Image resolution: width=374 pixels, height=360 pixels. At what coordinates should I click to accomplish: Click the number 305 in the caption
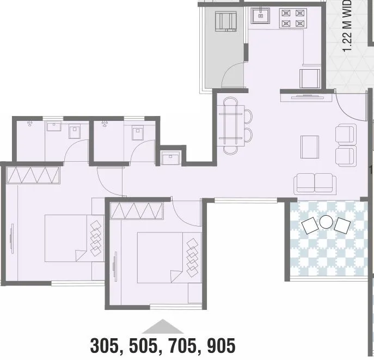point(107,345)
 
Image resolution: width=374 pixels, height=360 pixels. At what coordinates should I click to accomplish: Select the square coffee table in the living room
point(309,146)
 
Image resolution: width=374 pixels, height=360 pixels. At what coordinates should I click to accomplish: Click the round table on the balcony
point(326,222)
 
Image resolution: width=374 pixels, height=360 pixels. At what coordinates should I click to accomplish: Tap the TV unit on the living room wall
point(307,97)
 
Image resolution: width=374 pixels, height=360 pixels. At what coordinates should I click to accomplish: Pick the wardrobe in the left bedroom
point(32,175)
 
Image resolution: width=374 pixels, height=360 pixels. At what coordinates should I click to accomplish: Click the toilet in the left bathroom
point(76,131)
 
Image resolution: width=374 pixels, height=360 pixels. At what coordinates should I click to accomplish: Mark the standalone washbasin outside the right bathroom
point(171,158)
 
